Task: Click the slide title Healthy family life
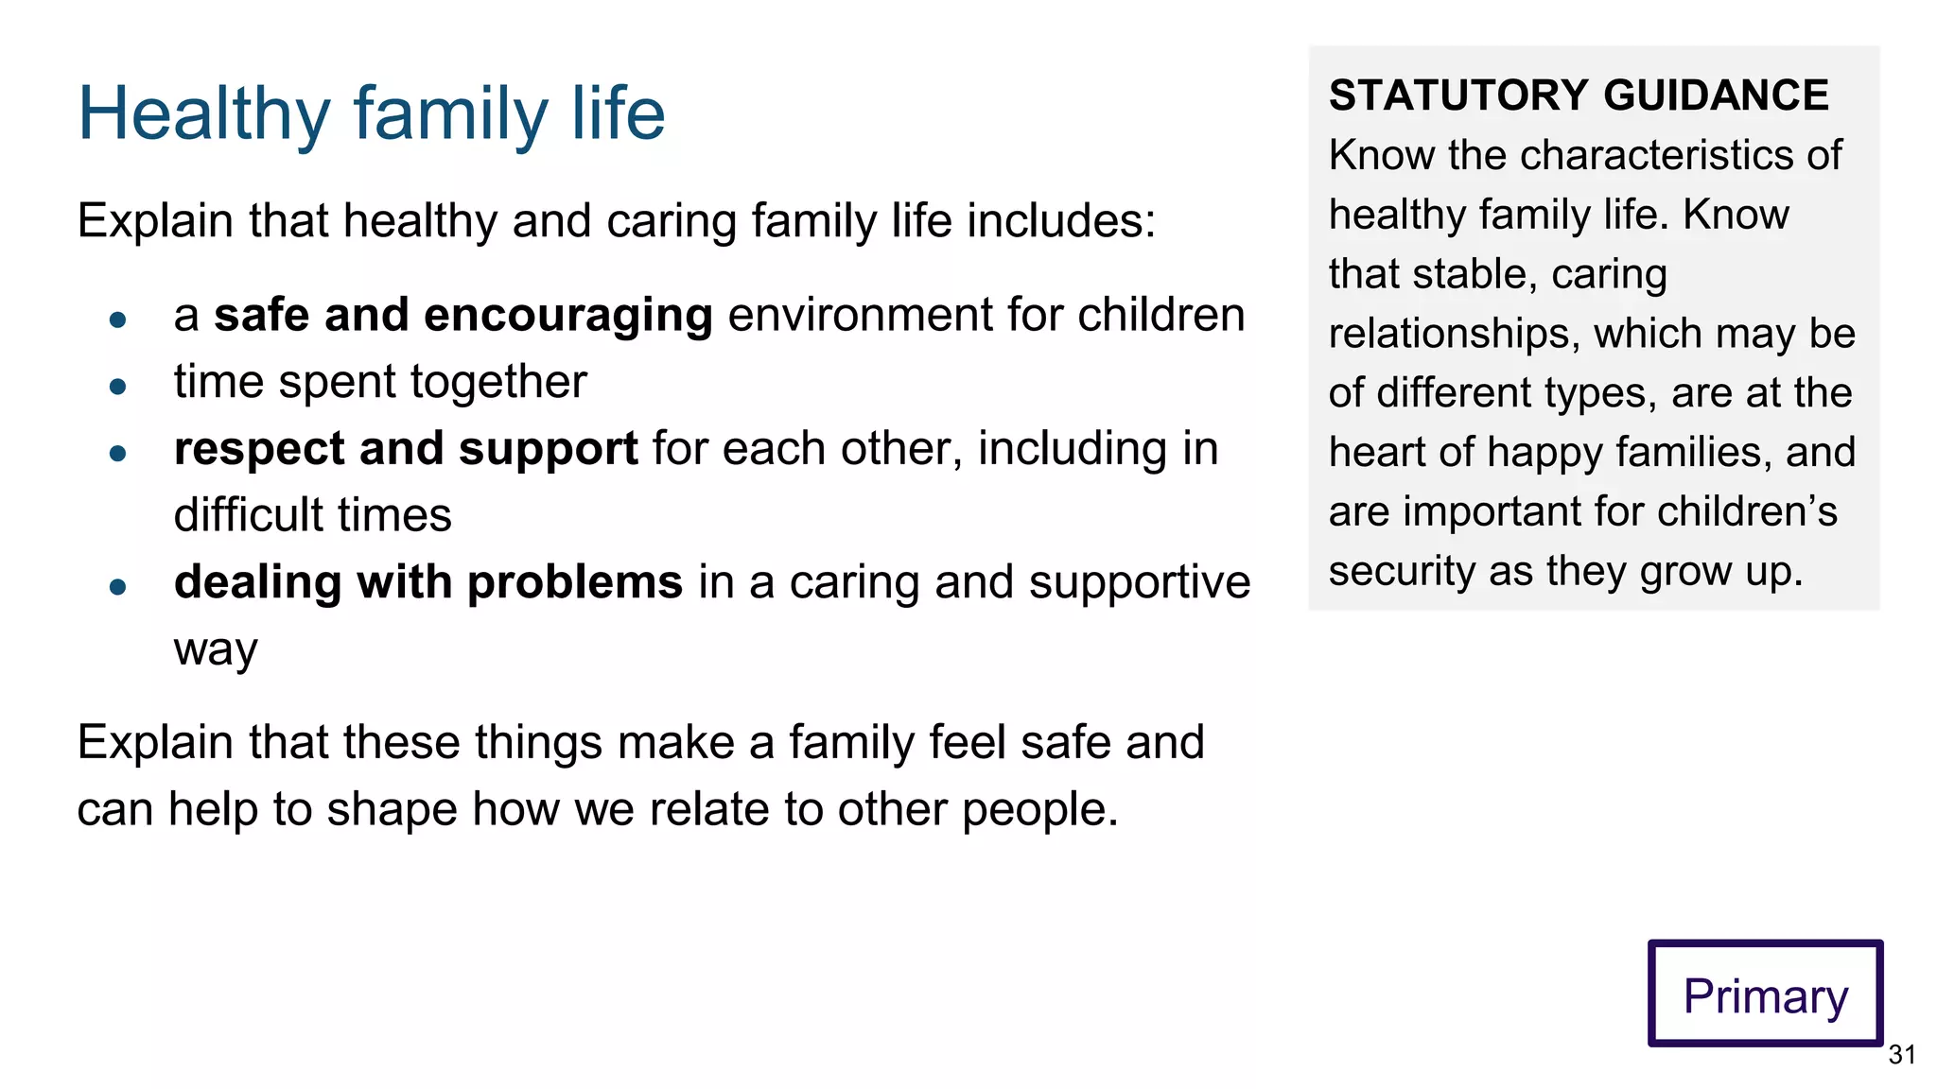(x=371, y=113)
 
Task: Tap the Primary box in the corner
(x=1765, y=994)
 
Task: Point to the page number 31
(x=1901, y=1055)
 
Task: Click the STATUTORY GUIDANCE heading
(x=1579, y=95)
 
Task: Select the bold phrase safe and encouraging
(x=462, y=315)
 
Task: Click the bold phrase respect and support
(x=406, y=449)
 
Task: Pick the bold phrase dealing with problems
(x=428, y=582)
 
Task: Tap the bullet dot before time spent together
(x=118, y=386)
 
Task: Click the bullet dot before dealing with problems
(x=118, y=587)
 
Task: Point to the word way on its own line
(x=216, y=650)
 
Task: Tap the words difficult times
(x=312, y=516)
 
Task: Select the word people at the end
(x=1038, y=810)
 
